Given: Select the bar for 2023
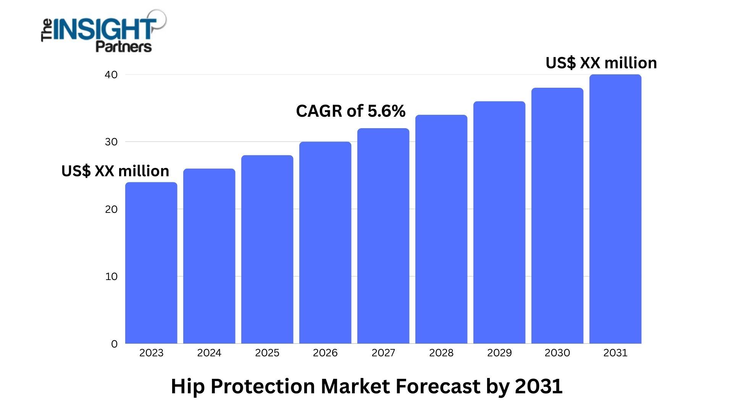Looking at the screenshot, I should coord(151,263).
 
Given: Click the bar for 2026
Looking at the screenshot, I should coord(325,243).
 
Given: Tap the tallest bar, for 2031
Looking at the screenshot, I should coord(615,209).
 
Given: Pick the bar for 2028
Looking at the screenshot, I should coord(441,229).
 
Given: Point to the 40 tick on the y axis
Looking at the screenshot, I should coord(111,75).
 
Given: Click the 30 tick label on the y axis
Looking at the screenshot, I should coord(111,142).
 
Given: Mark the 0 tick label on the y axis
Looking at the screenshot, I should coord(114,344).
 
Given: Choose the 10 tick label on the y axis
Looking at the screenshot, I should coord(111,277).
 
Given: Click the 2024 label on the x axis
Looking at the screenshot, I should coord(209,353).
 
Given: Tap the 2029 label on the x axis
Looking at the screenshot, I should coord(499,353).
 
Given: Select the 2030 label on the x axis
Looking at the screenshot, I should coord(557,353).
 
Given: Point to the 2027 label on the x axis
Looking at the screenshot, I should coord(383,353).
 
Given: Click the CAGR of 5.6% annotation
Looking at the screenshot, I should coord(350,111).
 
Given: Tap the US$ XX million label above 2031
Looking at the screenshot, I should coord(601,63).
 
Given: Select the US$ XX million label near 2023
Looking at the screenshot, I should coord(115,171).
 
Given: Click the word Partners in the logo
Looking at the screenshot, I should coord(123,47).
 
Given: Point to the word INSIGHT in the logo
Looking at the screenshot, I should coord(105,29).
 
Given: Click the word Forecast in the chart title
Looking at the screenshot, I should coord(438,386).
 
